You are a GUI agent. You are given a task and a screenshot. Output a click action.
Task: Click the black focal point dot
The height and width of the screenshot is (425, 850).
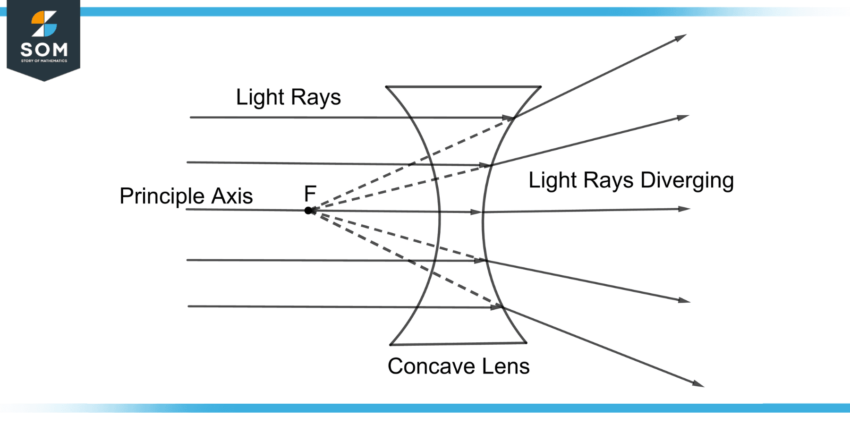coord(308,211)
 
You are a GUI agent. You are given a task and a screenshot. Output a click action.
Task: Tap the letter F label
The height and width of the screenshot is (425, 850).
coord(310,194)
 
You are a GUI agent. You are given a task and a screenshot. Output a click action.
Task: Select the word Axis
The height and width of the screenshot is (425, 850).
coord(232,196)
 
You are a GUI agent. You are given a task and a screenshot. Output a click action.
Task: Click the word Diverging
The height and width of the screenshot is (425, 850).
coord(687,181)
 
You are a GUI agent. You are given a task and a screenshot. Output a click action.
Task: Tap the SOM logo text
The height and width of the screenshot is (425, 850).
coord(44,50)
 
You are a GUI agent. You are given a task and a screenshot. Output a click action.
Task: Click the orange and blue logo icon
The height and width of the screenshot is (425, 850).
coord(44,24)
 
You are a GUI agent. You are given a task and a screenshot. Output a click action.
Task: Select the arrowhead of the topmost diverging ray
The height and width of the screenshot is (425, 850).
coord(681,37)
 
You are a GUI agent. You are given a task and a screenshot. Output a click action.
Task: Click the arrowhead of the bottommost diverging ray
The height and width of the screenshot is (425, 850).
coord(698,384)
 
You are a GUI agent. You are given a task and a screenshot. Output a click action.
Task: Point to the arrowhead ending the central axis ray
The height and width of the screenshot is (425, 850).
coord(684,209)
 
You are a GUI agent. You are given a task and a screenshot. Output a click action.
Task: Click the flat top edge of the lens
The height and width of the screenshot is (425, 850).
coord(463,87)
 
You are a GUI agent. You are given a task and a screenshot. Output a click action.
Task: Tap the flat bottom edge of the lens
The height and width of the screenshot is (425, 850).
coord(458,344)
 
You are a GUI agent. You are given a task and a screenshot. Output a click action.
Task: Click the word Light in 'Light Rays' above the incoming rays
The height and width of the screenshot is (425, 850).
coord(260,97)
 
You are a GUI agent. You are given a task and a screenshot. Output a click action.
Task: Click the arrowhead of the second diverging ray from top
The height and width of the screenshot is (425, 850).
coord(683,117)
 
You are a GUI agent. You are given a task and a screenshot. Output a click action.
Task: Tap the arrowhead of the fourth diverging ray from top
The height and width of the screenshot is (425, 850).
coord(684,300)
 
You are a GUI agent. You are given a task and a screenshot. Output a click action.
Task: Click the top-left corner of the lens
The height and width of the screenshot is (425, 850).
coord(386,87)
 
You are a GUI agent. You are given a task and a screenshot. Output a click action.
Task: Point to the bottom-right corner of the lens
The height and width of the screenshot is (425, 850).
coord(526,343)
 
